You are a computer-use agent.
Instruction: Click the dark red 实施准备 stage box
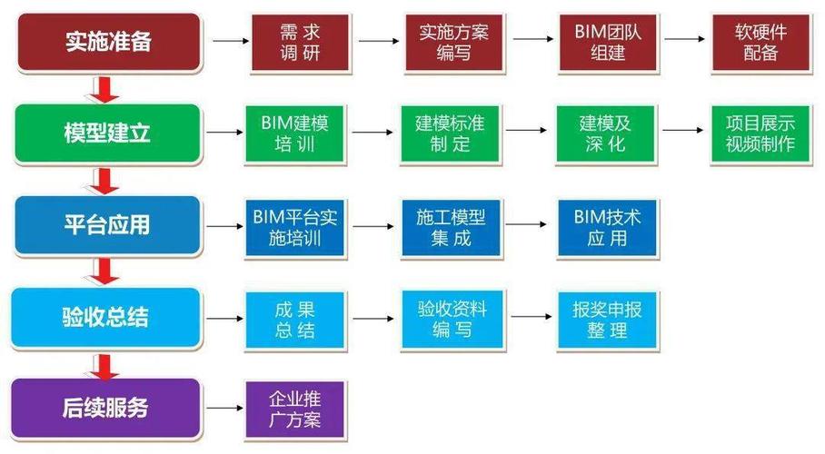[x=107, y=41]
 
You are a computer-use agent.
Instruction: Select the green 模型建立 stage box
[x=107, y=133]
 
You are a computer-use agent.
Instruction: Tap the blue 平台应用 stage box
[x=107, y=224]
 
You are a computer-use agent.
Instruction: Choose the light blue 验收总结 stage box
[x=107, y=318]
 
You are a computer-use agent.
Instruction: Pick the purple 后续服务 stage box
[x=107, y=408]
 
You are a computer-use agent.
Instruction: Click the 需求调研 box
[x=300, y=42]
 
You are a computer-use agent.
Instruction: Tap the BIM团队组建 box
[x=608, y=42]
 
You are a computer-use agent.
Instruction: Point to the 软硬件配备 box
[x=760, y=42]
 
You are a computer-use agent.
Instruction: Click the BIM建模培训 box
[x=293, y=133]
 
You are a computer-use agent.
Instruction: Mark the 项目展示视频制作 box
[x=760, y=133]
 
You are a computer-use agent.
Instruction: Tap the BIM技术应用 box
[x=606, y=228]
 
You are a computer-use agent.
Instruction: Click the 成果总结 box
[x=293, y=319]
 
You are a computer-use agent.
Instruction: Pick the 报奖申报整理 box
[x=606, y=319]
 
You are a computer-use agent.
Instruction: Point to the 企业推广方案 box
[x=293, y=410]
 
